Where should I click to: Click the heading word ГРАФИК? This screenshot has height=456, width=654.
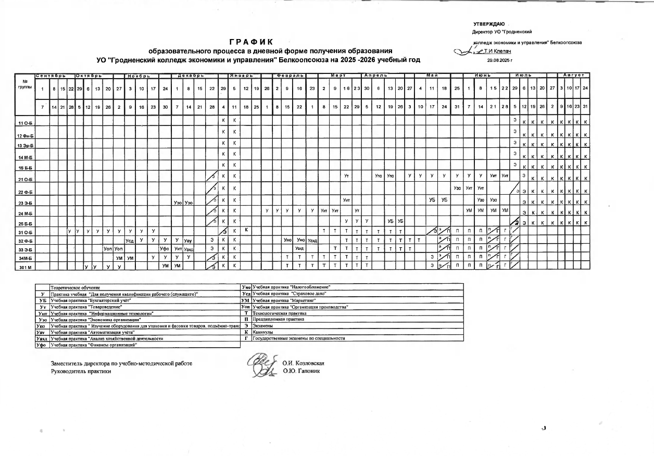[251, 42]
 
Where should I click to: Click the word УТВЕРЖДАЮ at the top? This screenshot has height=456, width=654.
[489, 24]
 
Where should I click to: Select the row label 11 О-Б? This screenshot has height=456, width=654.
[25, 124]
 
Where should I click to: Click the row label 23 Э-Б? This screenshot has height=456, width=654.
[25, 203]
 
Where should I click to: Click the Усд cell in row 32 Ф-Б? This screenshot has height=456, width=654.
[130, 240]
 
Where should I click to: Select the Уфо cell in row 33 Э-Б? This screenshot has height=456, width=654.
[164, 249]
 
